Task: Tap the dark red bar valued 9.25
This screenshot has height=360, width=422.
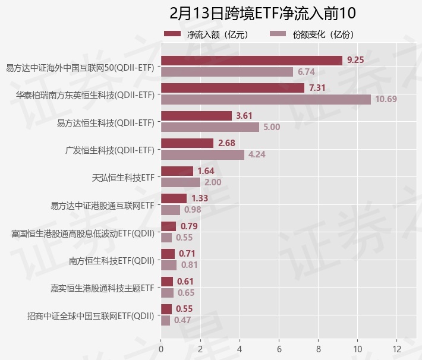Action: pos(251,60)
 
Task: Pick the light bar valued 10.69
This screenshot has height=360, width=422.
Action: pos(266,99)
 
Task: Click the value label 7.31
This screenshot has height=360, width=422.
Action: pos(318,88)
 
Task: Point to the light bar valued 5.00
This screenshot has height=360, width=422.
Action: pos(210,127)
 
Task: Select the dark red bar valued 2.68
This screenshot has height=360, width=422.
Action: pos(187,143)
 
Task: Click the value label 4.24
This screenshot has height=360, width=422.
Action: pos(257,154)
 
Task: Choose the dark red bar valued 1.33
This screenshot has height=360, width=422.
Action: pos(174,198)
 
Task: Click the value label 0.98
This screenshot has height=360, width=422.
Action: pos(193,210)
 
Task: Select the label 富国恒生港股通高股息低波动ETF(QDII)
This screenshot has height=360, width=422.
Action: pos(83,233)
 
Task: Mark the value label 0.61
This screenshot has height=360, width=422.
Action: pos(185,281)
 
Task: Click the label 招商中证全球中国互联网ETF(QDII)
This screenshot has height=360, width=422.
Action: pos(91,315)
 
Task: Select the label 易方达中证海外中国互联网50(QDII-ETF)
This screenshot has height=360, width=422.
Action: pos(80,67)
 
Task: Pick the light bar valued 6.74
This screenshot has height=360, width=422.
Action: pos(227,71)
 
